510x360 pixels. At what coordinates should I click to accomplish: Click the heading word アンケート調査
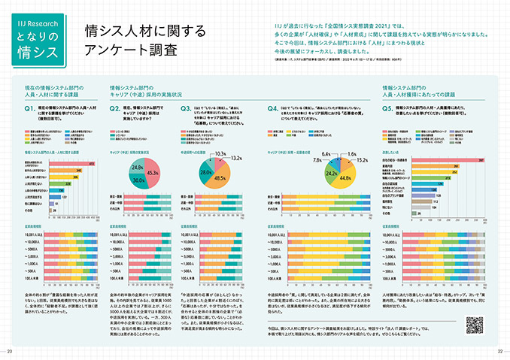[132, 51]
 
